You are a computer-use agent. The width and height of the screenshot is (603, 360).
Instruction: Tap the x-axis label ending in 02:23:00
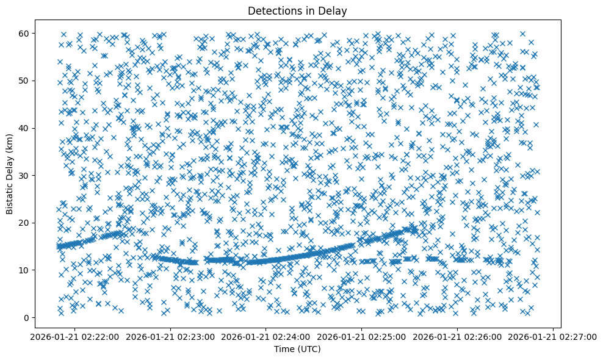point(171,337)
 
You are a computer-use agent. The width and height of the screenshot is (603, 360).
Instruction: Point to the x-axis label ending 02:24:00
point(266,337)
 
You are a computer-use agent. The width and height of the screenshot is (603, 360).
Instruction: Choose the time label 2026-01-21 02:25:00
point(362,337)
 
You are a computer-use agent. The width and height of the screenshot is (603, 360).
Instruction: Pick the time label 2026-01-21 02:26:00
point(458,337)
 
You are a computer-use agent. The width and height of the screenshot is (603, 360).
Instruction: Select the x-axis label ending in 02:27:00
point(553,337)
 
